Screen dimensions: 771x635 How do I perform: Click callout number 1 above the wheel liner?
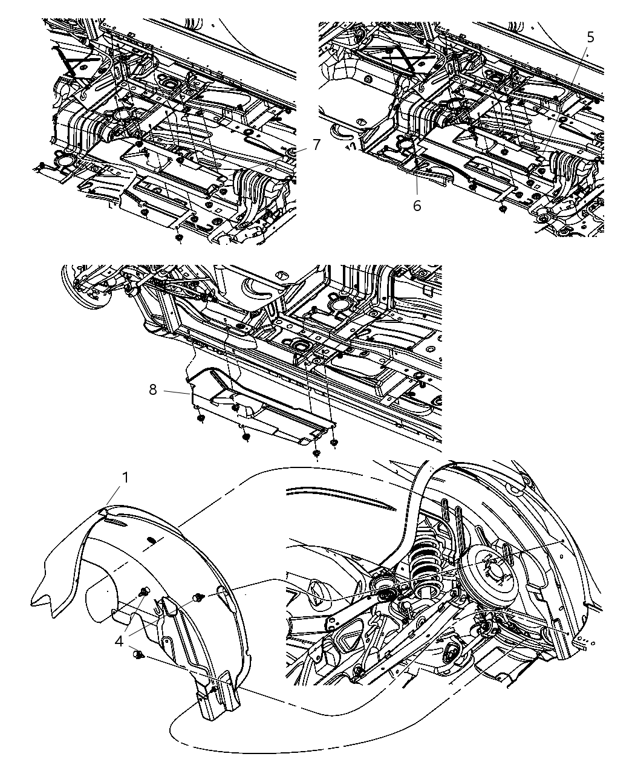125,478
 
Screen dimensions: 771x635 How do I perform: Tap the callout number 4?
119,640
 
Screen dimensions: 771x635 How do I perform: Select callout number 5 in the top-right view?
590,37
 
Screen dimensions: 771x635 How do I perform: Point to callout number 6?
417,206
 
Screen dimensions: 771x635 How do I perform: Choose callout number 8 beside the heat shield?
152,390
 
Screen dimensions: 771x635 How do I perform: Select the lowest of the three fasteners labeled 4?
139,654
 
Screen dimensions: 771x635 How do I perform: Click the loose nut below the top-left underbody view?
178,238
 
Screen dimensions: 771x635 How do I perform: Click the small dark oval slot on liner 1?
153,539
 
